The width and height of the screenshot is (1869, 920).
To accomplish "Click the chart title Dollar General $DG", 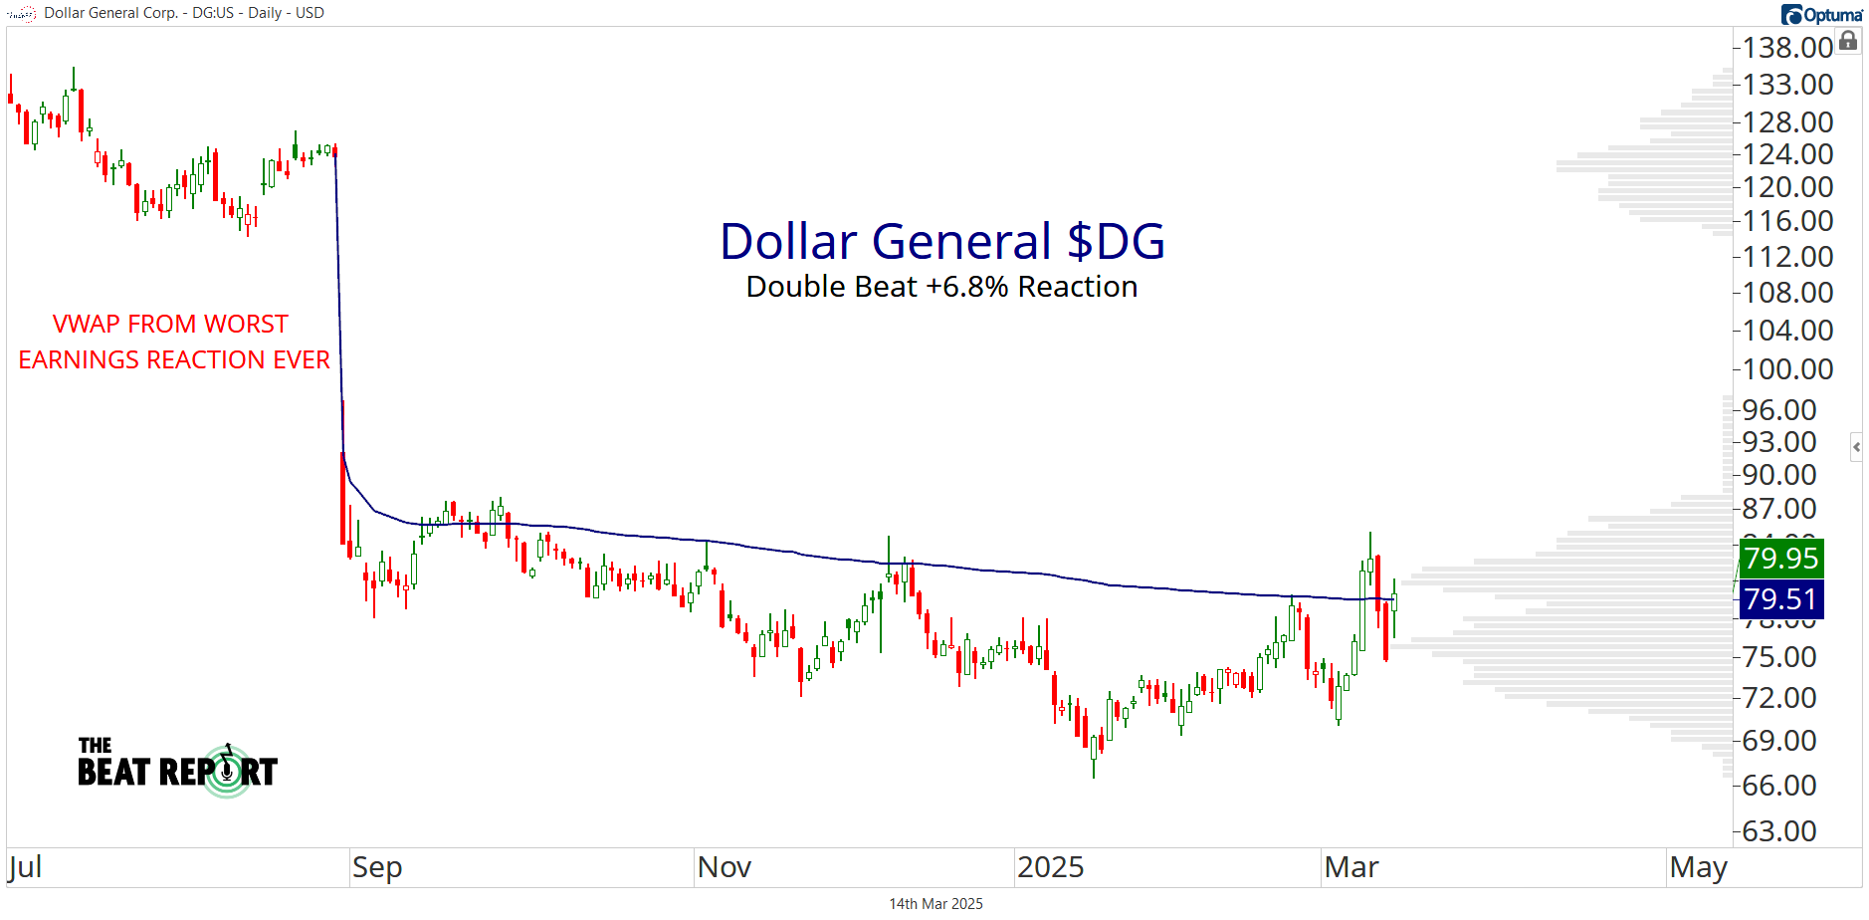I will (941, 242).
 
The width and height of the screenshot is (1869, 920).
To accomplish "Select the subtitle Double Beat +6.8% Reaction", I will (941, 287).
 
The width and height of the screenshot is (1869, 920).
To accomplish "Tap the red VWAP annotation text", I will (173, 342).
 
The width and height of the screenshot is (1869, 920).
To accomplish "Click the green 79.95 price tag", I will (1780, 559).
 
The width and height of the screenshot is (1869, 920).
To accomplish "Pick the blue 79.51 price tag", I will (1780, 599).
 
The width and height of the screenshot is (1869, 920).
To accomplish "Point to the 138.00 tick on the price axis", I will (1787, 48).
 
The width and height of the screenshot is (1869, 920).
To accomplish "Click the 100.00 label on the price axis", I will (1787, 369).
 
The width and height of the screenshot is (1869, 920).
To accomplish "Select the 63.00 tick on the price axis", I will (1787, 830).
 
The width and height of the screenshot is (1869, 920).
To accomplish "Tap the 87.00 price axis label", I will (1787, 509).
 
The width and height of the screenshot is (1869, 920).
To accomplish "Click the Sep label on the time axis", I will (377, 867).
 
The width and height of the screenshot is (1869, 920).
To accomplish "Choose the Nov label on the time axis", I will (724, 867).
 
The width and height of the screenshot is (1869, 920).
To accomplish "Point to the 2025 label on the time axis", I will (1050, 867).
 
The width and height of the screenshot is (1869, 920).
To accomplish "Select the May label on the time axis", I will (1698, 867).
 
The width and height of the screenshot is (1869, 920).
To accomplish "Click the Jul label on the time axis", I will (25, 867).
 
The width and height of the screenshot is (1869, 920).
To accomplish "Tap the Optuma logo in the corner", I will (1821, 14).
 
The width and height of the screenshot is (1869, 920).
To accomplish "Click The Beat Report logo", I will (178, 768).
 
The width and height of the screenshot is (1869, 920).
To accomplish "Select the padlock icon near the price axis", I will (1848, 41).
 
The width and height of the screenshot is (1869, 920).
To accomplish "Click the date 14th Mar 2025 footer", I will (935, 904).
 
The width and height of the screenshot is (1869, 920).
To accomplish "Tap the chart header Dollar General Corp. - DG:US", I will (184, 13).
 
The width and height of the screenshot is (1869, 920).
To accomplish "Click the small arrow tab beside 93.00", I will (1856, 447).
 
